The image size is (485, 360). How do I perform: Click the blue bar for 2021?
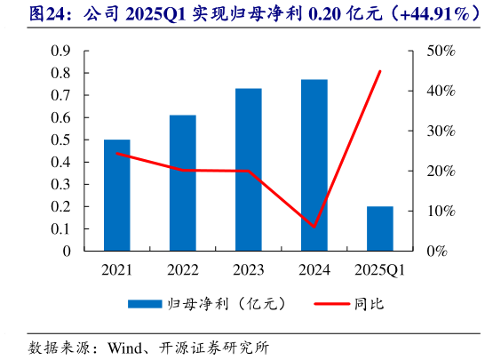click(116, 195)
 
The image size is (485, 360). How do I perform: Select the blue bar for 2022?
click(182, 183)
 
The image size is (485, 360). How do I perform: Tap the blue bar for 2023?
click(248, 170)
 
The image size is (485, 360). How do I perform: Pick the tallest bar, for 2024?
click(314, 165)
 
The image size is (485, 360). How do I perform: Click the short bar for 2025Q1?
click(379, 228)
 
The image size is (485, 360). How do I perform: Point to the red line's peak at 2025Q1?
click(380, 71)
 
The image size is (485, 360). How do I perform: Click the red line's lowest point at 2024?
click(314, 227)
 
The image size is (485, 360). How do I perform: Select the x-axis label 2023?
click(248, 269)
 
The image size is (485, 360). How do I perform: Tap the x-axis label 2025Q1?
click(379, 269)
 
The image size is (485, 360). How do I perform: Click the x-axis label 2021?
click(116, 269)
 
